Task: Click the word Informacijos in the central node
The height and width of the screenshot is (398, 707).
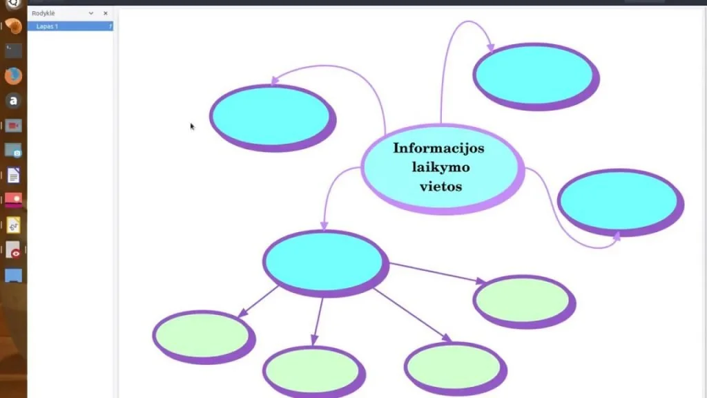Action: point(438,149)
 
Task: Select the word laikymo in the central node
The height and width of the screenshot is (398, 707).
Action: point(440,167)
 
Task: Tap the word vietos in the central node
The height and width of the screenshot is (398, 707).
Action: point(440,186)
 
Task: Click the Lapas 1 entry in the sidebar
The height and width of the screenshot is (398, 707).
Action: point(47,27)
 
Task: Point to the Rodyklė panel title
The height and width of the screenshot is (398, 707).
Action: point(43,14)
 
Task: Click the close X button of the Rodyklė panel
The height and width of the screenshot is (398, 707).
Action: point(106,14)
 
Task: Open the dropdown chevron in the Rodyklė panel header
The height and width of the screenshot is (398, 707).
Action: point(91,14)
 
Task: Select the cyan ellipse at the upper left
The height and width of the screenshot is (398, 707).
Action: point(273,118)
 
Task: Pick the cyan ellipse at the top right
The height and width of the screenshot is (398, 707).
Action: point(536,77)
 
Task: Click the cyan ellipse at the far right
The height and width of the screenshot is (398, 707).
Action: point(621,202)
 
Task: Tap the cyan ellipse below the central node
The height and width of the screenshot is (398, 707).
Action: point(326,263)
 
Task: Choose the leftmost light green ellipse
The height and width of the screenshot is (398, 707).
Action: point(204,337)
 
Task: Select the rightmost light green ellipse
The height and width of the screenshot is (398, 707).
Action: point(525,302)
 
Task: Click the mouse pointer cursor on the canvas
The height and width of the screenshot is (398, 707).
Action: point(192,127)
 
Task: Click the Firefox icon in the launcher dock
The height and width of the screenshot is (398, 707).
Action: point(14,76)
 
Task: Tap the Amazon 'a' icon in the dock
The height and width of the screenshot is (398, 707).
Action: point(14,101)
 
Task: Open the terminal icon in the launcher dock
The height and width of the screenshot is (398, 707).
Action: point(14,50)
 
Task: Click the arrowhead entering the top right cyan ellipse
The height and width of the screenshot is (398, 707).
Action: point(491,48)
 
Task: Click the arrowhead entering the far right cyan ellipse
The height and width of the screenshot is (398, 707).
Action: point(617,236)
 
